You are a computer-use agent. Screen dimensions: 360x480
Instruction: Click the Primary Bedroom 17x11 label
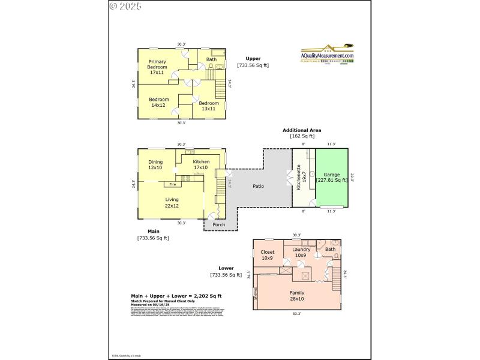click(x=158, y=67)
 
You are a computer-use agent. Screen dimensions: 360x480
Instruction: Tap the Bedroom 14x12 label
click(x=159, y=102)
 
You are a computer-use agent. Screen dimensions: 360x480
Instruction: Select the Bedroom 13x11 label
click(x=209, y=106)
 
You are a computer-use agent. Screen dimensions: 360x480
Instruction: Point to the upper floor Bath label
click(x=212, y=59)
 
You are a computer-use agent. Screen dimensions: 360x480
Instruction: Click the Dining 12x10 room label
click(x=155, y=164)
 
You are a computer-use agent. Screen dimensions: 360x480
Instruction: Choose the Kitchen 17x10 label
click(x=201, y=164)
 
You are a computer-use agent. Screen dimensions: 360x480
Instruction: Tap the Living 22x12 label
click(x=172, y=203)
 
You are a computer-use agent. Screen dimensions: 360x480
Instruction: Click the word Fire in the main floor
click(x=172, y=184)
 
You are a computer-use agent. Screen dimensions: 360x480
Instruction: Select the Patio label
click(x=259, y=185)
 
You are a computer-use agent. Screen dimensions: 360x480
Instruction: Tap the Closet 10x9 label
click(x=268, y=255)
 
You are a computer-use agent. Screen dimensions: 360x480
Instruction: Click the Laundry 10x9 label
click(x=300, y=252)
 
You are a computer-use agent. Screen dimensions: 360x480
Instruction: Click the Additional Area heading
click(x=302, y=130)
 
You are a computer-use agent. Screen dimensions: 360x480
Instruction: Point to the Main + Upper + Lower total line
click(x=176, y=296)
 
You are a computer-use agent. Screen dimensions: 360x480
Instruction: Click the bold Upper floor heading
click(x=253, y=58)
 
